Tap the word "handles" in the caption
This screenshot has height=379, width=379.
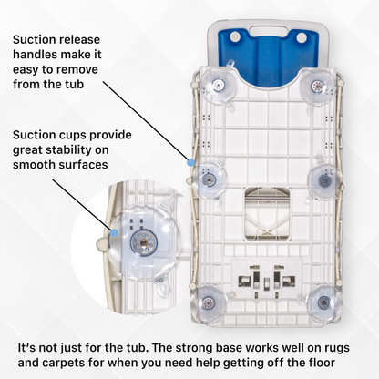coord(35,55)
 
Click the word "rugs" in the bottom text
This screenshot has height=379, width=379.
coord(336,348)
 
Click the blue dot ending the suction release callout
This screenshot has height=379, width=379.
coord(190,162)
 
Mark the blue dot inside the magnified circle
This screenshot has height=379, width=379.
coord(114,233)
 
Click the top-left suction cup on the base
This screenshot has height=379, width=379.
coord(218,86)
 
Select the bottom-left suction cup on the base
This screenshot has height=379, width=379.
coord(208,302)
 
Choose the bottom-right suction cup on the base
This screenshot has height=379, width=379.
coord(323,302)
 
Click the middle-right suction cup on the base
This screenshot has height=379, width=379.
coord(324,180)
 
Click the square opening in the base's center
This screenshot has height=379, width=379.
coord(267,212)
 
